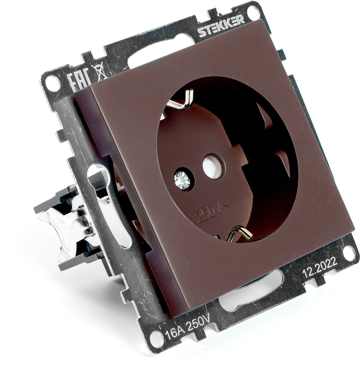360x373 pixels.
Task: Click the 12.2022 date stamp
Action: (319, 268)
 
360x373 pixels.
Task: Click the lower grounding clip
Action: (239, 234)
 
